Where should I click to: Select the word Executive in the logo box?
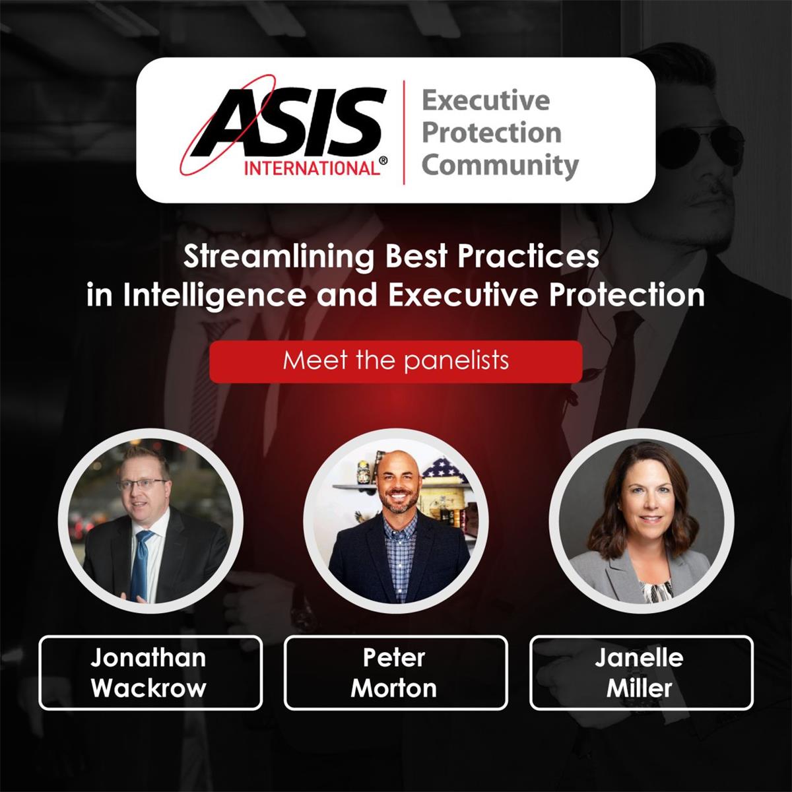tap(485, 101)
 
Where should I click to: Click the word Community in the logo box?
tap(500, 165)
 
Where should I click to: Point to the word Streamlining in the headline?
tap(278, 257)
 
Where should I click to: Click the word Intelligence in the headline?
tap(215, 295)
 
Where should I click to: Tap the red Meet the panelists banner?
tap(395, 361)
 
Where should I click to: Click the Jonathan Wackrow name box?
tap(150, 673)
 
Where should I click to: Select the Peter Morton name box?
tap(395, 673)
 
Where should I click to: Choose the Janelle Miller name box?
tap(641, 673)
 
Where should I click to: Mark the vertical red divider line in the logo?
tap(404, 131)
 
